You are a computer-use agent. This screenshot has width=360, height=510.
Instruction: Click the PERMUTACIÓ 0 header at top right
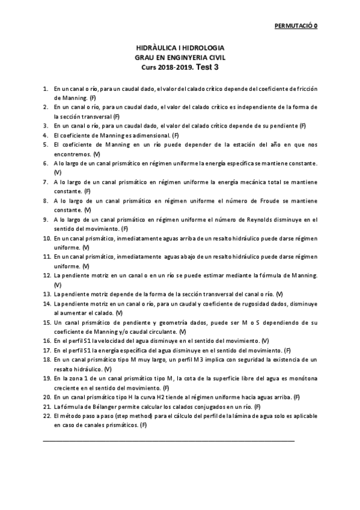click(x=296, y=26)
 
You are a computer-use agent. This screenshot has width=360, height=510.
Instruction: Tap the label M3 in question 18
click(x=200, y=359)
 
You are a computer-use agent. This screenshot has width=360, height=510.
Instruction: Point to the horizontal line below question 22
click(x=169, y=441)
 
